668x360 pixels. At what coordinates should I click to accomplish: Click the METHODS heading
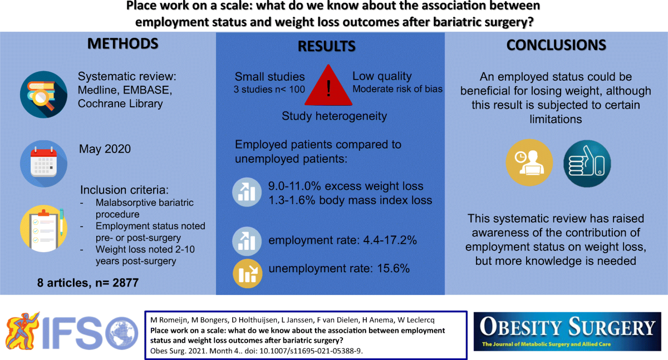click(x=122, y=44)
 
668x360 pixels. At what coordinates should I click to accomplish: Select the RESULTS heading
click(x=327, y=47)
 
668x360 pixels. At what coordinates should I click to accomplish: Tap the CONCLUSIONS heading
click(x=556, y=45)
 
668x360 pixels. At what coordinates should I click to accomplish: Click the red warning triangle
click(x=328, y=86)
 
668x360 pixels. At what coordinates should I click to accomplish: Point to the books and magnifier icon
click(x=43, y=94)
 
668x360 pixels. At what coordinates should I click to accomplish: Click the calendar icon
click(x=43, y=164)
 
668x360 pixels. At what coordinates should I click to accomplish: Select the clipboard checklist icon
click(x=43, y=229)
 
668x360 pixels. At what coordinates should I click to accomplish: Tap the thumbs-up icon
click(x=587, y=164)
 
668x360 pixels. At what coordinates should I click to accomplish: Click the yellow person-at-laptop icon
click(x=529, y=162)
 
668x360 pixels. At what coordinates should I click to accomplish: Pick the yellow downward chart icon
click(x=248, y=274)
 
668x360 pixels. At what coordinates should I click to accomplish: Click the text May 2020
click(x=105, y=149)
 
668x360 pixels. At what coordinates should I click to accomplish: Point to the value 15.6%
click(x=394, y=269)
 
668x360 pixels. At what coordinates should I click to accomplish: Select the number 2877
click(x=125, y=283)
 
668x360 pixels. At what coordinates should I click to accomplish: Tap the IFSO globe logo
click(x=122, y=333)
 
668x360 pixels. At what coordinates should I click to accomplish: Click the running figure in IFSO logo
click(x=22, y=331)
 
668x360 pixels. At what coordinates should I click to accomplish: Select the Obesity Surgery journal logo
click(x=567, y=332)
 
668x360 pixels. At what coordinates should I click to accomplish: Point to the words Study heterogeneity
click(x=335, y=116)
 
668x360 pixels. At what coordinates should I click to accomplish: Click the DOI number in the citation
click(x=311, y=351)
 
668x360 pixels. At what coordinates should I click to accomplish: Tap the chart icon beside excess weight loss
click(x=247, y=192)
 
